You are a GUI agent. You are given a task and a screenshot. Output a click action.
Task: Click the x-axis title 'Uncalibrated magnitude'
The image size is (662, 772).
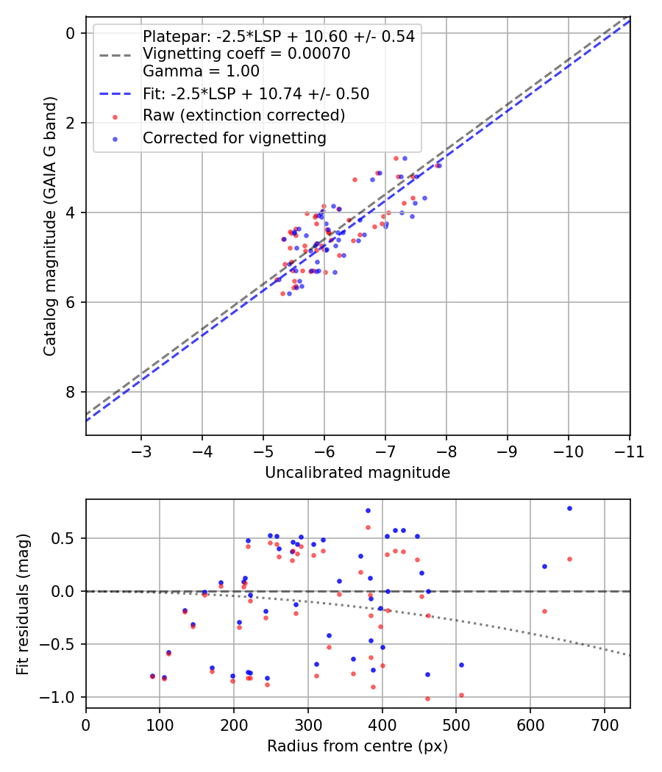(357, 473)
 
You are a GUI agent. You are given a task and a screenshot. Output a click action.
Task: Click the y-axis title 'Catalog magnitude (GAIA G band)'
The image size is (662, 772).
(49, 225)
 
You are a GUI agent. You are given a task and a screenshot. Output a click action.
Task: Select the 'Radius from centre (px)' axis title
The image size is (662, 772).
(357, 746)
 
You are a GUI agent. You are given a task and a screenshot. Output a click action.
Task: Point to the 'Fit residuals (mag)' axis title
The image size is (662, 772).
(23, 604)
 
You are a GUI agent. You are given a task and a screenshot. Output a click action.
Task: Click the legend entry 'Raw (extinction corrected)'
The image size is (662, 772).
(243, 115)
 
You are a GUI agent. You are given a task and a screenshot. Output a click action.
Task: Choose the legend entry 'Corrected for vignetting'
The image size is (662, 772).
(234, 137)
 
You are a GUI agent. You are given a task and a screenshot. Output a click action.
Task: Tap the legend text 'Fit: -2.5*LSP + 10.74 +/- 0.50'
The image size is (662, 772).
(256, 93)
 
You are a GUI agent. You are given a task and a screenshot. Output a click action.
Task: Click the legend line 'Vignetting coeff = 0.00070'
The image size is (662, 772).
(246, 54)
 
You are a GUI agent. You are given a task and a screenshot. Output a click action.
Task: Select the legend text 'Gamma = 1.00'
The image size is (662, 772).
(201, 71)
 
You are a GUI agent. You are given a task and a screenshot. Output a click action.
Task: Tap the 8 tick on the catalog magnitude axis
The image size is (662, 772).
(71, 392)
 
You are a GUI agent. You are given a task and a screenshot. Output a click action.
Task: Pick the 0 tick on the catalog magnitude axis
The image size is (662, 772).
(71, 33)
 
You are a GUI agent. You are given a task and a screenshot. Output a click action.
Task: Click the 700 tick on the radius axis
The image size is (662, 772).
(604, 724)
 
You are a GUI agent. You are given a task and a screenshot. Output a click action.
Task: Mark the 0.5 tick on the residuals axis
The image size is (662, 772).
(67, 538)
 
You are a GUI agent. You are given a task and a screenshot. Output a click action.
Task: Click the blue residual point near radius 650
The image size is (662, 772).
(569, 508)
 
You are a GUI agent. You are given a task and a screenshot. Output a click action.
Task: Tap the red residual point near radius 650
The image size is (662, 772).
(569, 559)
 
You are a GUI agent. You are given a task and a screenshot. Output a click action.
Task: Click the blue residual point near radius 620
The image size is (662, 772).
(544, 566)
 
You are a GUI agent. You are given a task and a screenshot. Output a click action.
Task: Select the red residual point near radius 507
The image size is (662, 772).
(461, 695)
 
